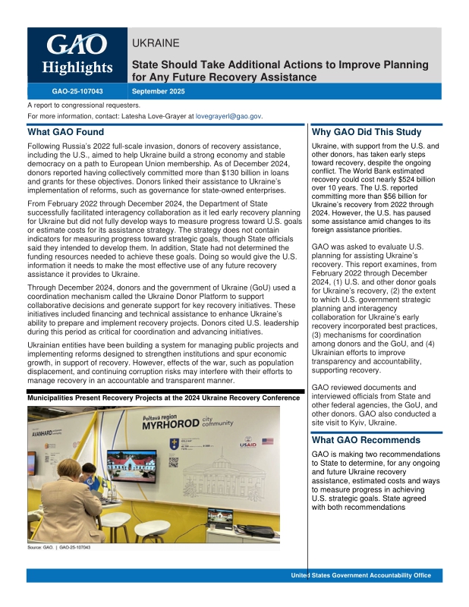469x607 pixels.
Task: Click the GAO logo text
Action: pos(77,45)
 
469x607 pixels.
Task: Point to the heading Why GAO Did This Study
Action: pos(366,132)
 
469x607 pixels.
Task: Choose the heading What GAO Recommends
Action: pos(366,440)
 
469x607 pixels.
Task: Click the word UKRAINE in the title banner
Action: pos(156,43)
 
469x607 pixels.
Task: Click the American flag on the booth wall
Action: pos(266,440)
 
